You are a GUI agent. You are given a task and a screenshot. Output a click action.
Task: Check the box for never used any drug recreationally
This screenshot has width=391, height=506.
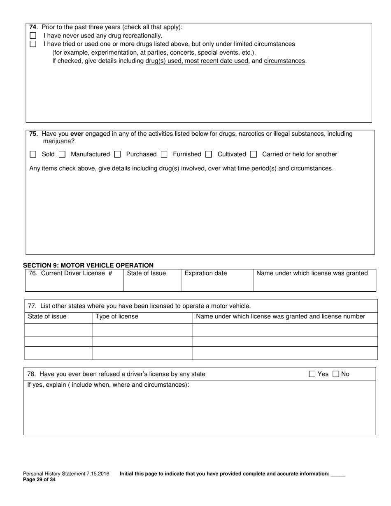tap(33, 36)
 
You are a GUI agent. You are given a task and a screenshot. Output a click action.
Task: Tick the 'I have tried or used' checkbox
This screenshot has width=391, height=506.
tap(33, 44)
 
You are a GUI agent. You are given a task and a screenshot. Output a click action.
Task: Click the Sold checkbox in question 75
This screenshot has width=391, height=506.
tap(33, 154)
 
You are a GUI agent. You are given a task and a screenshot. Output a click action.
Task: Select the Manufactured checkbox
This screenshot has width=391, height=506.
tap(62, 154)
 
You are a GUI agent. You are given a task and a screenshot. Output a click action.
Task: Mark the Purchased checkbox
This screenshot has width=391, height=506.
tap(117, 154)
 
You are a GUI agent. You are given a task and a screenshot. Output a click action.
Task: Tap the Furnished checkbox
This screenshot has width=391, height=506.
tap(164, 154)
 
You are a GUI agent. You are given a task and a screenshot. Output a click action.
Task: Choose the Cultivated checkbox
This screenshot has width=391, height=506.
tap(209, 154)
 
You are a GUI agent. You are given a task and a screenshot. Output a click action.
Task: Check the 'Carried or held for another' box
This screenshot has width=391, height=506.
tap(254, 154)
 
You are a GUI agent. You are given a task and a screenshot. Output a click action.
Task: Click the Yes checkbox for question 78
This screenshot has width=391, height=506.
tap(312, 374)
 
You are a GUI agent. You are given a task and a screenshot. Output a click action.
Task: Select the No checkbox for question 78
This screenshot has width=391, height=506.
tap(336, 374)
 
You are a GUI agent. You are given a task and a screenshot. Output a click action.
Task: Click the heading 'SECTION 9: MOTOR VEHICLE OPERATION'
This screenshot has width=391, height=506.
tap(88, 265)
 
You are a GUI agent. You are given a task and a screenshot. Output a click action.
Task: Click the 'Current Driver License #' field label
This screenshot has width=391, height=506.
tap(70, 273)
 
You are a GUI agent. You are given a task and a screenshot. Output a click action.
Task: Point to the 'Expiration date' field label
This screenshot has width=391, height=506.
tap(206, 273)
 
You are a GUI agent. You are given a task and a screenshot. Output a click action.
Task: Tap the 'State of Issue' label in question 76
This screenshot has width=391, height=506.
tap(147, 273)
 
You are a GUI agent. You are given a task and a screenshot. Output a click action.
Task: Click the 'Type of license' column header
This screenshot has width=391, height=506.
tap(117, 316)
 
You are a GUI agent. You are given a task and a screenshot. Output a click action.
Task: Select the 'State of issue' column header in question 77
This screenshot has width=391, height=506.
tap(47, 316)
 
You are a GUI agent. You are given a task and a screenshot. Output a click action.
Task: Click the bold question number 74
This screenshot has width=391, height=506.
tap(33, 27)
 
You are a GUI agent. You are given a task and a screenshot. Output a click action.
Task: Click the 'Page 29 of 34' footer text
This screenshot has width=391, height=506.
tap(39, 479)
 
